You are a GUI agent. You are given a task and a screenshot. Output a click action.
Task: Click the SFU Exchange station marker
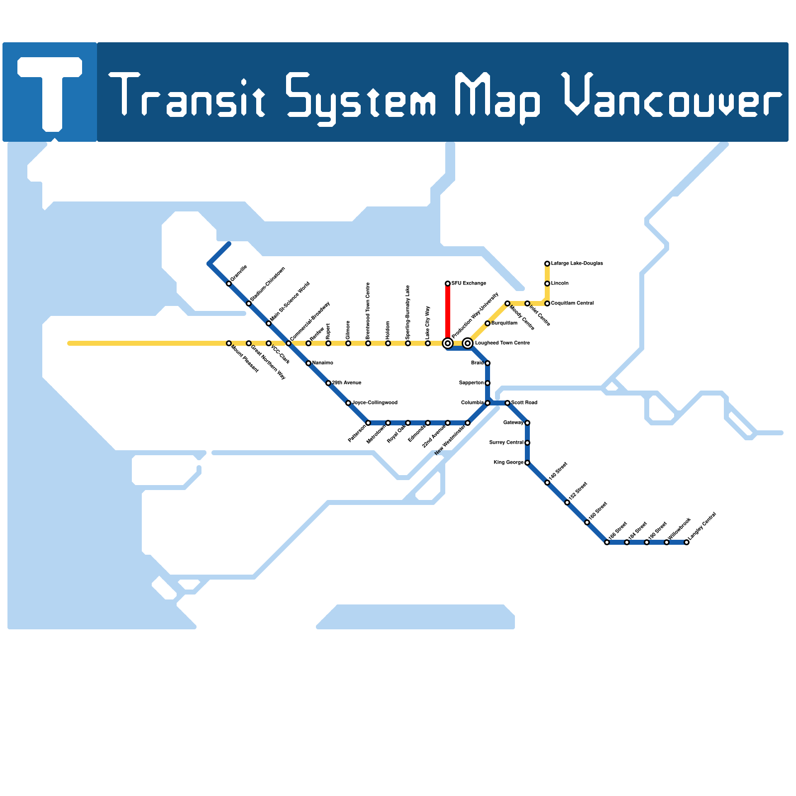tap(448, 284)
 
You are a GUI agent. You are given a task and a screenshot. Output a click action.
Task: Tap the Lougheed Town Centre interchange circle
tap(468, 343)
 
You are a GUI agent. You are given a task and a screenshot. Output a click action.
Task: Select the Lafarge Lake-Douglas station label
tap(577, 263)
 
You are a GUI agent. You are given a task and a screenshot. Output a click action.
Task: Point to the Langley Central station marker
tap(687, 542)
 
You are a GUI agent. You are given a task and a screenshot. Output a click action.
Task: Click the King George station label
tap(508, 463)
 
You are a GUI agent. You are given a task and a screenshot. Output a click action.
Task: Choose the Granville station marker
tap(229, 284)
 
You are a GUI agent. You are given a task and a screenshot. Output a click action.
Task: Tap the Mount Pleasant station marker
tap(229, 343)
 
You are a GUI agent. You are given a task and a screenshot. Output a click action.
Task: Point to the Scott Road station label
tap(524, 402)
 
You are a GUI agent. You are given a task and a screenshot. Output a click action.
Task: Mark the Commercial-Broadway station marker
tap(289, 343)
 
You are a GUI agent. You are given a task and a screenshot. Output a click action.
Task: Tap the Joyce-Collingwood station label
tap(375, 402)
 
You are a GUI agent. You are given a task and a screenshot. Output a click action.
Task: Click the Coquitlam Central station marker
tap(547, 303)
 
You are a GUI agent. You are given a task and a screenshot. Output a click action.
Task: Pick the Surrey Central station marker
tap(527, 443)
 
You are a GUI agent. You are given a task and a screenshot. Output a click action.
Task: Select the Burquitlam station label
tap(504, 323)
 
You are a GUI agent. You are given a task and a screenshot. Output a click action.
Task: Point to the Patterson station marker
tap(368, 423)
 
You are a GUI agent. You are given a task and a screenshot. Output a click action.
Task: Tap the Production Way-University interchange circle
tap(448, 343)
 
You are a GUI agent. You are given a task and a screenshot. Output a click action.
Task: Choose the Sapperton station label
tap(471, 383)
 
